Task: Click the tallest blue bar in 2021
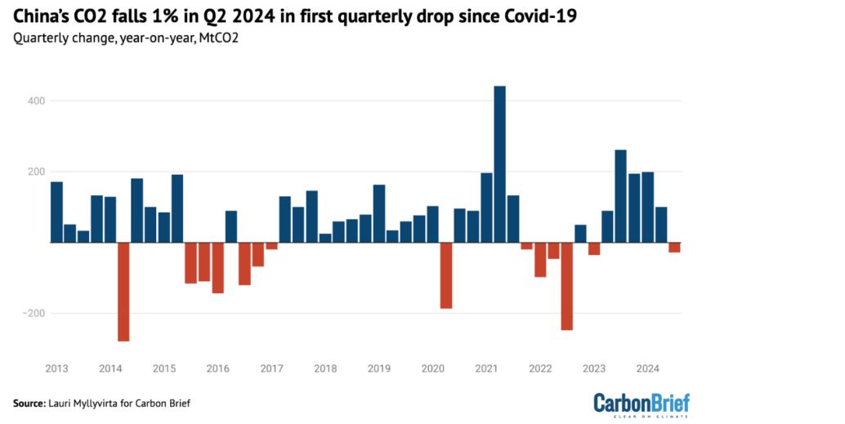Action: (500, 164)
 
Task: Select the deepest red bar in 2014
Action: (124, 292)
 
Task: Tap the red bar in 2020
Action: (446, 275)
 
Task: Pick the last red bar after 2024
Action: (674, 248)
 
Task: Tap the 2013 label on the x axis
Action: (56, 368)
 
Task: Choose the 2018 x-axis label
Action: (325, 368)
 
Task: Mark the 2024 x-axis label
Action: (647, 368)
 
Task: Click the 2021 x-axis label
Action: (487, 368)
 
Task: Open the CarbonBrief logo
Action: (641, 404)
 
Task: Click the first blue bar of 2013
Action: (56, 212)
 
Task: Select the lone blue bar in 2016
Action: (231, 226)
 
